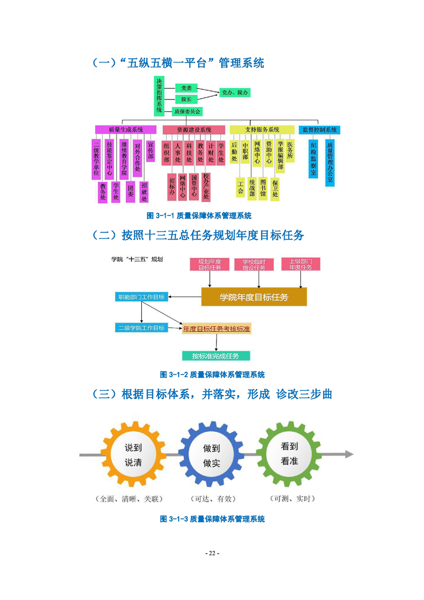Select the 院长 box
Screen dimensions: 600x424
(x=187, y=99)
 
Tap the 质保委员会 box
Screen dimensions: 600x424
(x=187, y=112)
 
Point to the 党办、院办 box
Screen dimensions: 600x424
(x=235, y=93)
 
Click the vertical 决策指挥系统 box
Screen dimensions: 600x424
(x=159, y=96)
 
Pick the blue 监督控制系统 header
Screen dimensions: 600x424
(x=319, y=129)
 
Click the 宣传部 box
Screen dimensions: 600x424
(x=151, y=151)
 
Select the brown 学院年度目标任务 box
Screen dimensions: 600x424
(x=254, y=297)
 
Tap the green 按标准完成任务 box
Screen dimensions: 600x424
(x=216, y=356)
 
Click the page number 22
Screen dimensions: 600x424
(x=212, y=553)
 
